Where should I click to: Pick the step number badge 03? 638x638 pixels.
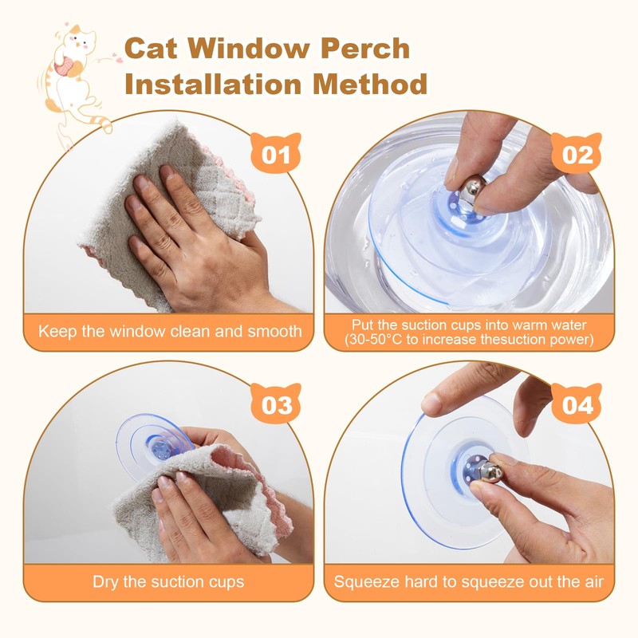[276, 405]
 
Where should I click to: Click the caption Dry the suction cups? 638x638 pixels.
[168, 581]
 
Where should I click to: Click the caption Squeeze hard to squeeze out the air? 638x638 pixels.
[469, 581]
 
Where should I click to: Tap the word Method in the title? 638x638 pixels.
[376, 85]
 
